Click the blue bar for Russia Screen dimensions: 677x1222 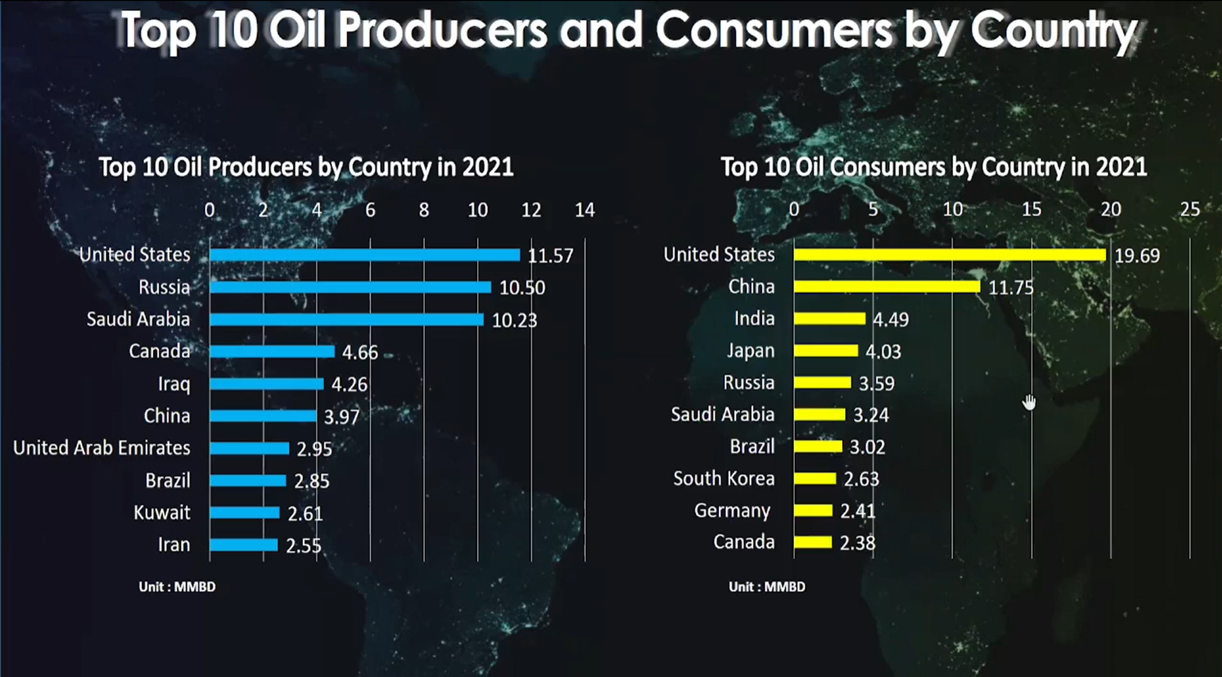point(350,287)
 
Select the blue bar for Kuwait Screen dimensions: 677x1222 point(245,513)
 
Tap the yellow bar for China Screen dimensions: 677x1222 point(887,287)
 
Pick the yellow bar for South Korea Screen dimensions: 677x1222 point(815,479)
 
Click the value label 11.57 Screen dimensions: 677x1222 point(550,256)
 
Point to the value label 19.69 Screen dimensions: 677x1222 point(1137,256)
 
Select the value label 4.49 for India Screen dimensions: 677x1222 point(891,320)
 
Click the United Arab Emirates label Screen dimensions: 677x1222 point(102,448)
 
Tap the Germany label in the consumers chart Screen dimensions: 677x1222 point(732,510)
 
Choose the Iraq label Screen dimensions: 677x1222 point(174,384)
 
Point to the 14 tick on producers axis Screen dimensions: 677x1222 point(584,210)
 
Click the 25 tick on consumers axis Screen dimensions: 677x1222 point(1190,209)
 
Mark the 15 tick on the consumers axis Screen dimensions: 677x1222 point(1031,209)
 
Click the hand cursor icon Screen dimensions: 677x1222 point(1029,402)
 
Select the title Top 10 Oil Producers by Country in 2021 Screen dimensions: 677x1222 point(306,167)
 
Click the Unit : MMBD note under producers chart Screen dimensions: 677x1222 point(177,587)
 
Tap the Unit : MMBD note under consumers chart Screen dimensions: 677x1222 point(767,587)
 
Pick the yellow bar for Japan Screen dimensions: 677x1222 point(826,350)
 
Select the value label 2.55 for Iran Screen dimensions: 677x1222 point(304,546)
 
